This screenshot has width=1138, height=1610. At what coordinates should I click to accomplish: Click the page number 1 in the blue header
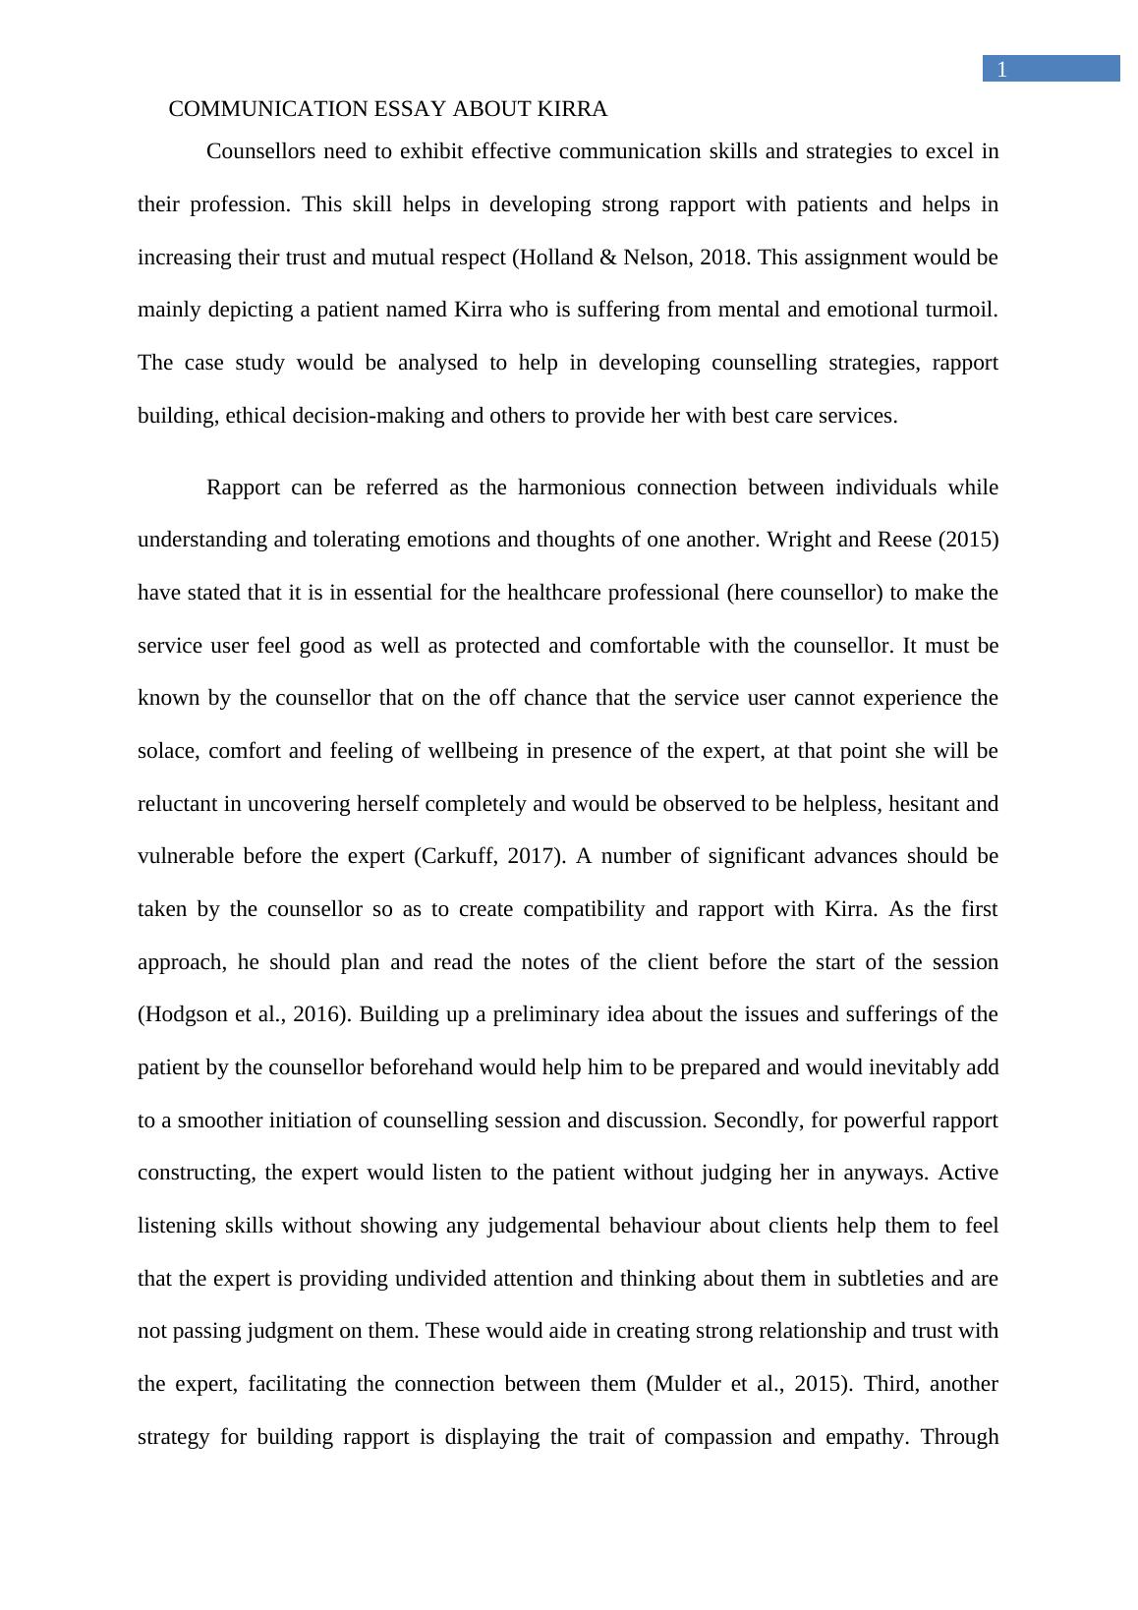tap(1001, 69)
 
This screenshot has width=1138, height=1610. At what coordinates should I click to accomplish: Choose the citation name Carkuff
tap(459, 856)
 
